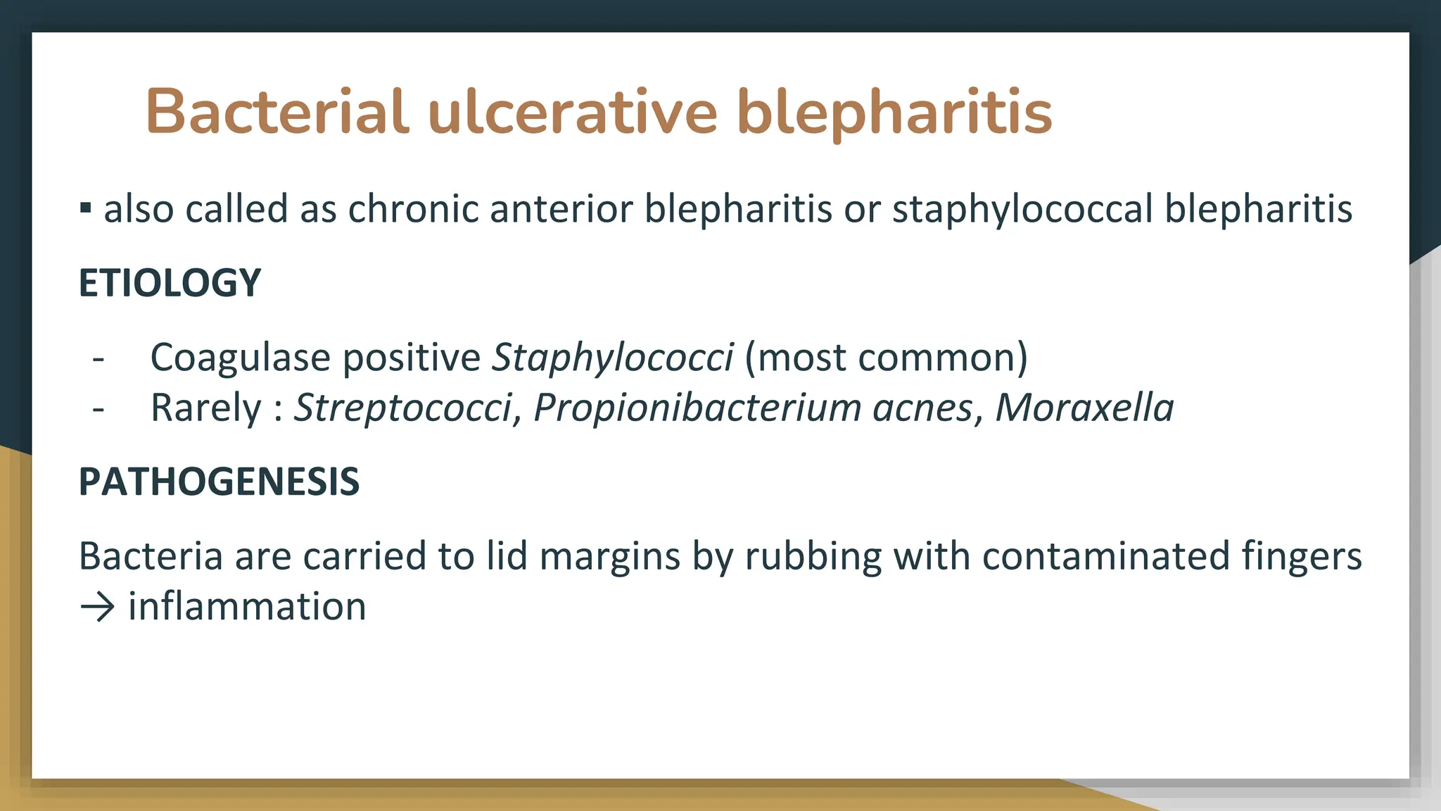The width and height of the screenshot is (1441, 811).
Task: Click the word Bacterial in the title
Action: (x=277, y=111)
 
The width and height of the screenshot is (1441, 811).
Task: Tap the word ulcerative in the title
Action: (x=572, y=111)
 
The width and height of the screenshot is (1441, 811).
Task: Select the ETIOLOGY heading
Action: (x=170, y=283)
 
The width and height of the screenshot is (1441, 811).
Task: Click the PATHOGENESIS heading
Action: (x=219, y=482)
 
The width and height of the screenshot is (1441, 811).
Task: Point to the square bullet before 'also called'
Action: (x=86, y=208)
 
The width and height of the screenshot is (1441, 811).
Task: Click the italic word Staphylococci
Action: (x=612, y=358)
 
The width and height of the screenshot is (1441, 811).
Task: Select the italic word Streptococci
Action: (x=403, y=408)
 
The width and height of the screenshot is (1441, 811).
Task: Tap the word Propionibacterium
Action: (x=697, y=408)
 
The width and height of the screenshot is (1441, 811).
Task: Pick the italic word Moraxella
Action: (x=1084, y=408)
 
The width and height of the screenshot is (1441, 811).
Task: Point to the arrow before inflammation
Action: (x=97, y=607)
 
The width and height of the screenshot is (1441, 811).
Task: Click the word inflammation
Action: (x=247, y=607)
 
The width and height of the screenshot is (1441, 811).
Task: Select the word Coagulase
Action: (x=240, y=358)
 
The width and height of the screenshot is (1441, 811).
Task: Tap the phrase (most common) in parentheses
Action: (x=886, y=358)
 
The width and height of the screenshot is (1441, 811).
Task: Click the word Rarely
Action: (x=205, y=408)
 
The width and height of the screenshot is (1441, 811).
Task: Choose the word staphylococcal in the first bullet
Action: (x=1022, y=209)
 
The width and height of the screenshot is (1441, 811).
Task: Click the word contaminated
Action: (x=1105, y=556)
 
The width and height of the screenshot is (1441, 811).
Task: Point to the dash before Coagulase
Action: (x=99, y=358)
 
